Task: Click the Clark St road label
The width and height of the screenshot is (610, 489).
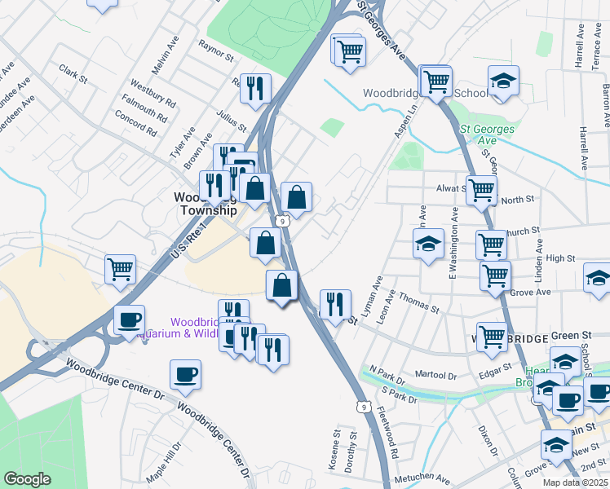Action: tap(73, 73)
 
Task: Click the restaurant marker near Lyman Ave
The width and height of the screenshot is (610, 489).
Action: tap(334, 304)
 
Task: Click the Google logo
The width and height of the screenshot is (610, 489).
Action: tap(28, 479)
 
